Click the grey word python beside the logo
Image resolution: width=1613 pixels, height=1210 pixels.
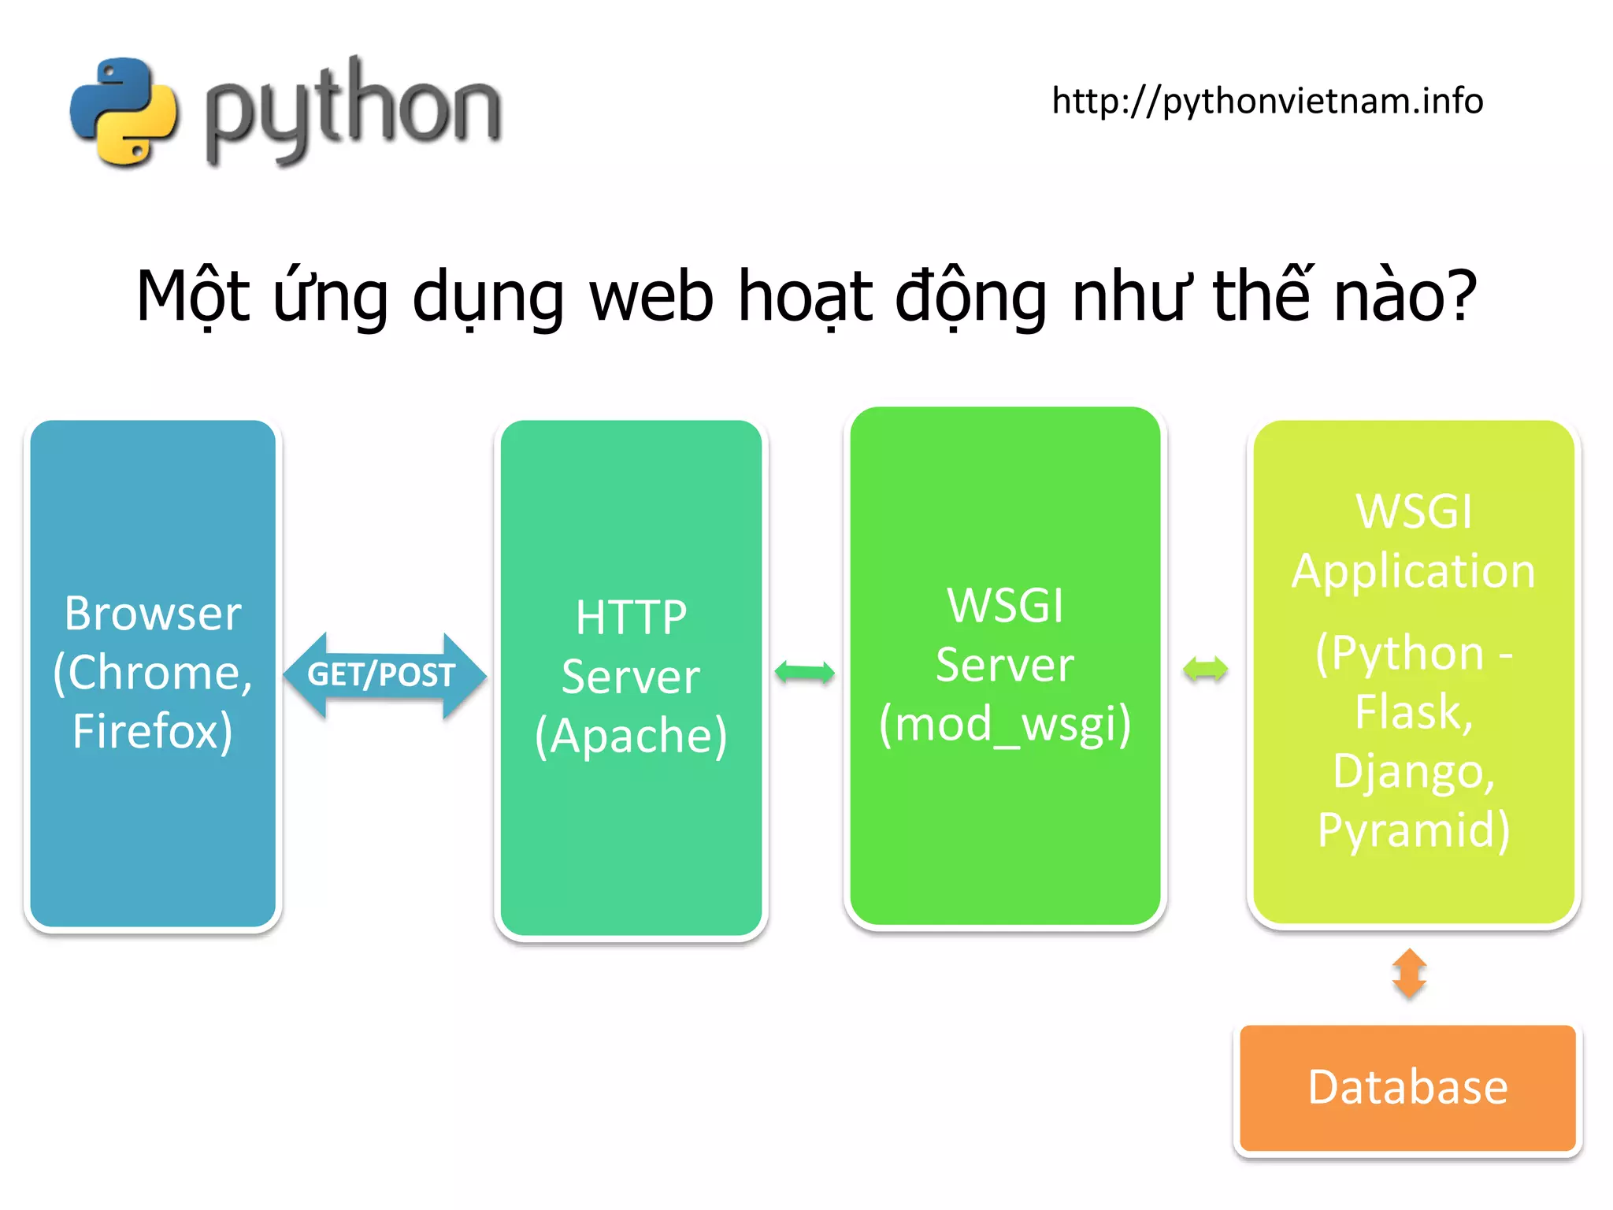click(x=352, y=109)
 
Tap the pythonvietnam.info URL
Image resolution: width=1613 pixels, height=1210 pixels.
click(x=1267, y=101)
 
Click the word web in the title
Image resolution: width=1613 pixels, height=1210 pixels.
click(x=651, y=296)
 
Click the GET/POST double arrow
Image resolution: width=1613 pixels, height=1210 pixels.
click(x=384, y=675)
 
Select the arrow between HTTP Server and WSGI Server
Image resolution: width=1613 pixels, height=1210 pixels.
click(x=804, y=673)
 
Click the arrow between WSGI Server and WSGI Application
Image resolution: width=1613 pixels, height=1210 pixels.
click(x=1205, y=670)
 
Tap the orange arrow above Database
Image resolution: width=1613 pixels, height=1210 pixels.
click(x=1409, y=974)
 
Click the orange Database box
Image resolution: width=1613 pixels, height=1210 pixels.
click(x=1407, y=1088)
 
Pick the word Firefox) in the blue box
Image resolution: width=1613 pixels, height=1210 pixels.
click(x=153, y=731)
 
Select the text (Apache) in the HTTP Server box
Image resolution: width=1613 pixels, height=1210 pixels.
click(x=631, y=736)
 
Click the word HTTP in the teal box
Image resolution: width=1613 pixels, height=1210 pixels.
click(x=631, y=617)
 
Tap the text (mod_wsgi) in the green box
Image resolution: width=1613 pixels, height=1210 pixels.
click(x=1005, y=724)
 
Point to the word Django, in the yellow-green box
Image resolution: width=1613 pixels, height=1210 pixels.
click(x=1414, y=770)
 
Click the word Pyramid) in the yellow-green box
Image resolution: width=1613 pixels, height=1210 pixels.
click(x=1414, y=830)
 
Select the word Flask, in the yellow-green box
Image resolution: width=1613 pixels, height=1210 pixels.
click(x=1414, y=711)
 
